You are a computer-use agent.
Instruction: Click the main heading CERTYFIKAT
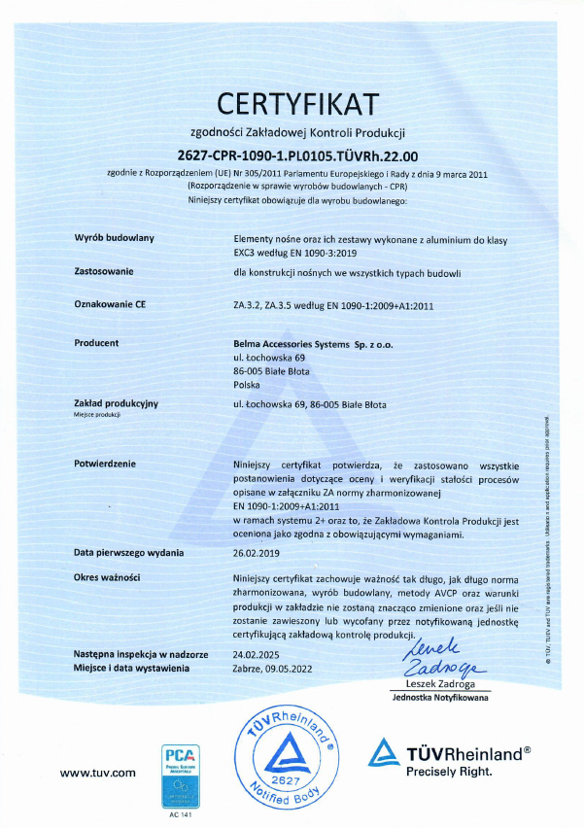tap(298, 102)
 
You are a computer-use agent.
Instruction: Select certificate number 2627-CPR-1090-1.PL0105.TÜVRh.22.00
tap(298, 155)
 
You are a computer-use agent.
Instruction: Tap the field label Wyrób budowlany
tap(114, 237)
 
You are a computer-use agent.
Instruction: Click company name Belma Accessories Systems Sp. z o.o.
tap(315, 342)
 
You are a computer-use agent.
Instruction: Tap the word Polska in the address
tap(249, 384)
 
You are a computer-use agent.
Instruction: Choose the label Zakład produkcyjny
tap(116, 402)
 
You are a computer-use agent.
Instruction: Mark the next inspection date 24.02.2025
tap(258, 655)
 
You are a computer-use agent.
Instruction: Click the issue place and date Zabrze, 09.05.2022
tap(274, 668)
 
